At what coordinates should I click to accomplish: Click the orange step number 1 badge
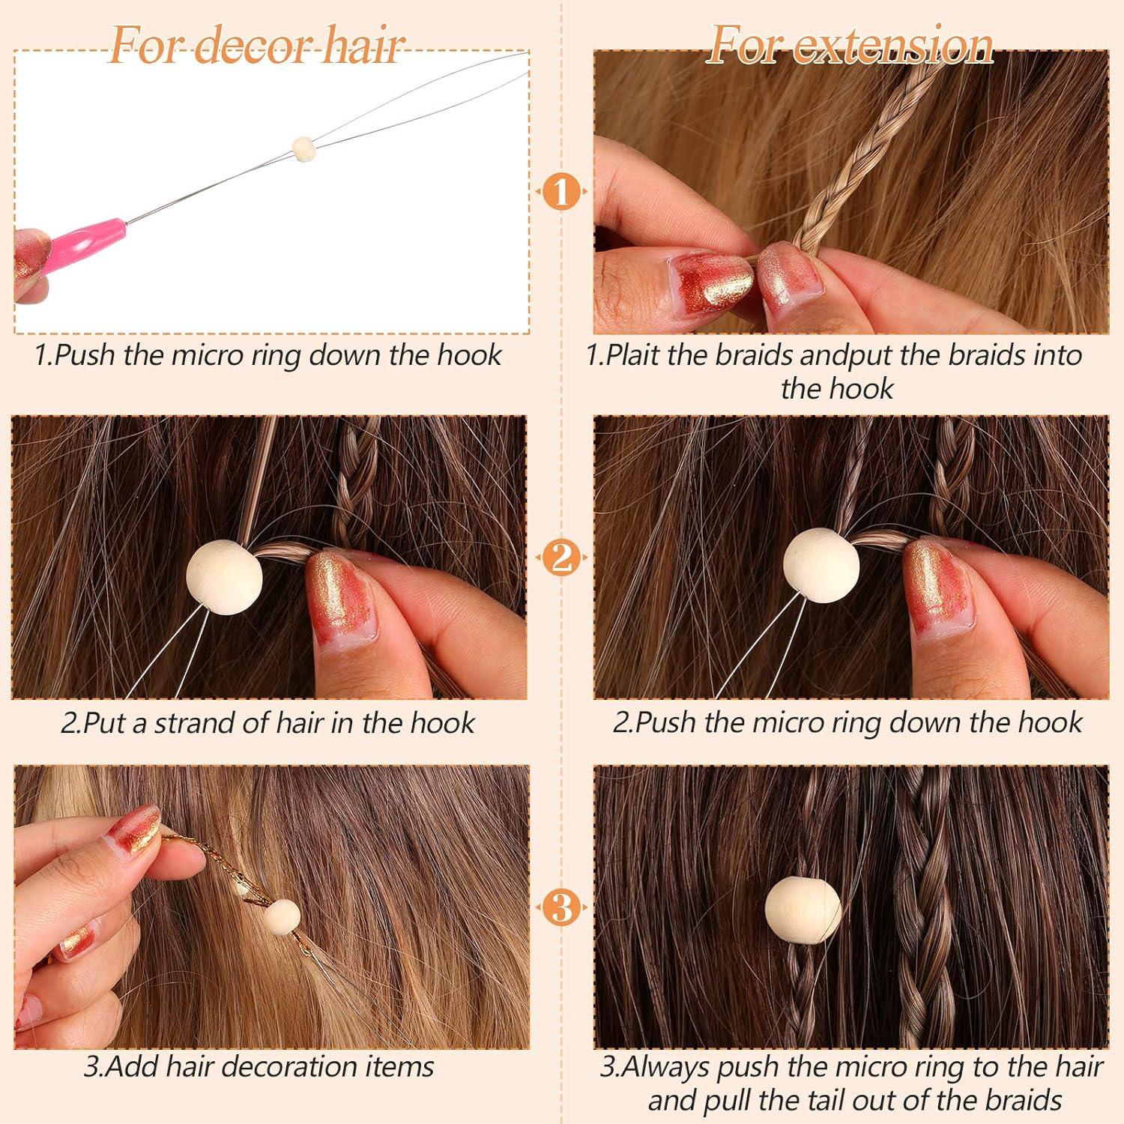pyautogui.click(x=561, y=192)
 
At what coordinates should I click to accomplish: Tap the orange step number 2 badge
pyautogui.click(x=561, y=558)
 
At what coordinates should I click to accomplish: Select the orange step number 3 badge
pyautogui.click(x=561, y=907)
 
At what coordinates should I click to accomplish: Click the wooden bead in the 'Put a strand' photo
pyautogui.click(x=224, y=577)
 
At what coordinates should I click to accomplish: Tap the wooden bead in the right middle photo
pyautogui.click(x=821, y=566)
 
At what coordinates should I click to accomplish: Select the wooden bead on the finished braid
pyautogui.click(x=803, y=910)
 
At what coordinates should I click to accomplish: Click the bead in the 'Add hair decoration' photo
pyautogui.click(x=282, y=916)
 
